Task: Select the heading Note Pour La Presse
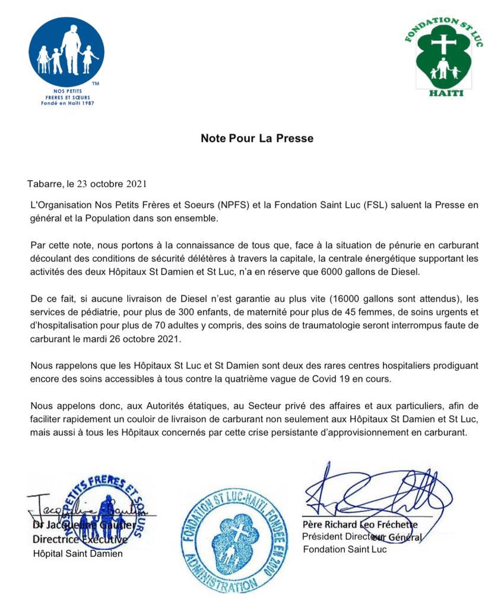256,138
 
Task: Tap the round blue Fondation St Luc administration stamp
233,541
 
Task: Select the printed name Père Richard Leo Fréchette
360,525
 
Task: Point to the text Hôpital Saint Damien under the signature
77,553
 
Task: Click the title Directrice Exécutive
80,540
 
